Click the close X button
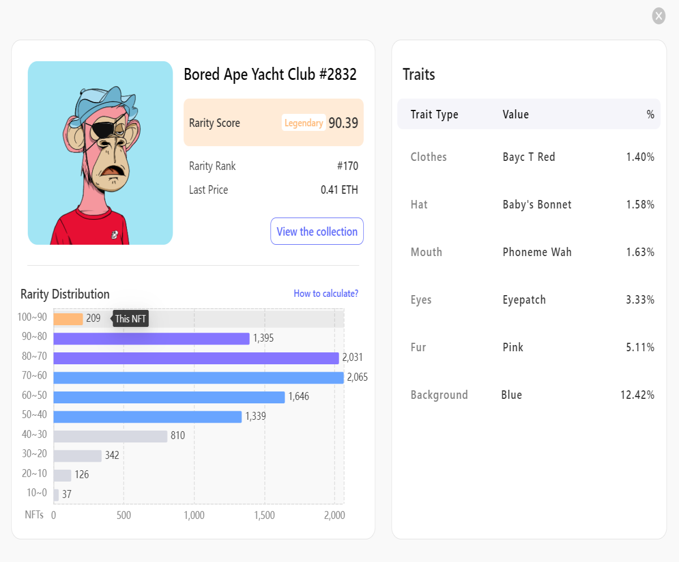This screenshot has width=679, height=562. (x=659, y=16)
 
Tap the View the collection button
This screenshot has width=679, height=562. (x=317, y=231)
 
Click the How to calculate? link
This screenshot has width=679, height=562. (x=326, y=293)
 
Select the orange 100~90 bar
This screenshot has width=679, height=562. (x=68, y=319)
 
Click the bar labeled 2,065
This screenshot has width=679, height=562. (x=199, y=377)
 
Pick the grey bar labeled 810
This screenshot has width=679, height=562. (x=110, y=436)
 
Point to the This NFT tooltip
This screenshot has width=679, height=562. (x=130, y=318)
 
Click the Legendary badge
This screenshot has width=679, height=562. (x=304, y=123)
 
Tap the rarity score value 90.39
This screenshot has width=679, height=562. (x=343, y=123)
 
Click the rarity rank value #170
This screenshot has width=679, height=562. (x=347, y=166)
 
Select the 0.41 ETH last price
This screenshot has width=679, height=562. (x=339, y=190)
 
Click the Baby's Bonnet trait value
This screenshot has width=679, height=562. (x=537, y=205)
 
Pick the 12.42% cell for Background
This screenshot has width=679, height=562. (x=637, y=395)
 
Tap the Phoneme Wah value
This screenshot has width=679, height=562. (x=537, y=252)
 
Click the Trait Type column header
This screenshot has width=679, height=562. (x=434, y=114)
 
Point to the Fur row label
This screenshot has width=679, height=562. (x=418, y=347)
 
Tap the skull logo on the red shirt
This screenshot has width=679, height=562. (x=114, y=235)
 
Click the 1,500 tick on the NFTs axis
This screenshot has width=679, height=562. (x=264, y=515)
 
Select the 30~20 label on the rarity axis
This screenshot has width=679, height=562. (x=35, y=454)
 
